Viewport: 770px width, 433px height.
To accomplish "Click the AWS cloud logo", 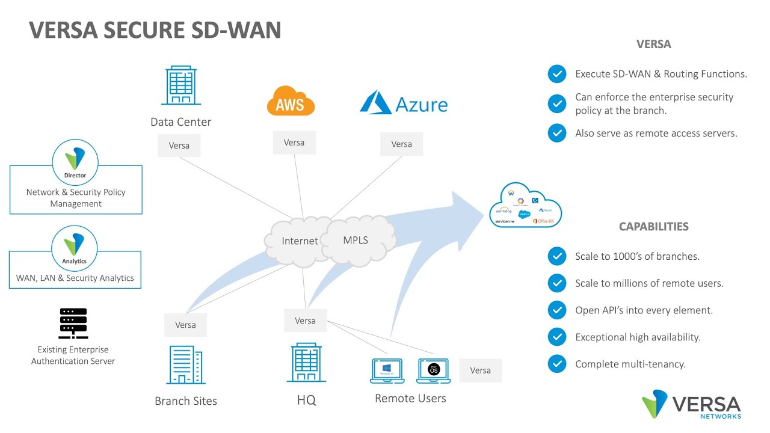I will pos(291,100).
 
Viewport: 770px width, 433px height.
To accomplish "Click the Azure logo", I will pos(404,103).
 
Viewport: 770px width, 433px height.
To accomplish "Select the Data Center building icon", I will pos(180,86).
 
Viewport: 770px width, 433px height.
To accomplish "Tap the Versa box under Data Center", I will pos(179,146).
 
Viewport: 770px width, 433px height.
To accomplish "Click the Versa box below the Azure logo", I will pos(401,144).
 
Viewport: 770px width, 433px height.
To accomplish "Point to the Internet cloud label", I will pos(300,241).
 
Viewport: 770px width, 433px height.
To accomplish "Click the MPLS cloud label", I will pos(356,240).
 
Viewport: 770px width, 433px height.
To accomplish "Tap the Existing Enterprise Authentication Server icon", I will pos(73,324).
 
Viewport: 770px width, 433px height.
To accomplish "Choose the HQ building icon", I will pos(306,363).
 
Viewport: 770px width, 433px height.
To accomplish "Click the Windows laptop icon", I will pos(387,370).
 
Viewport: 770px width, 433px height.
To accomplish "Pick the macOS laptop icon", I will pos(433,370).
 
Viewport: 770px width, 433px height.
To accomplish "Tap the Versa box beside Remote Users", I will pos(480,370).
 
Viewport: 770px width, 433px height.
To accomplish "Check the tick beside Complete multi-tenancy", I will pos(557,364).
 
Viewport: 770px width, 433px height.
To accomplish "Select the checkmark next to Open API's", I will pos(557,310).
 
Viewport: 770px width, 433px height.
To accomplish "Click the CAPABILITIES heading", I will pos(653,227).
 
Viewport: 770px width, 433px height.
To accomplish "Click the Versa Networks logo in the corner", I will pos(691,404).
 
